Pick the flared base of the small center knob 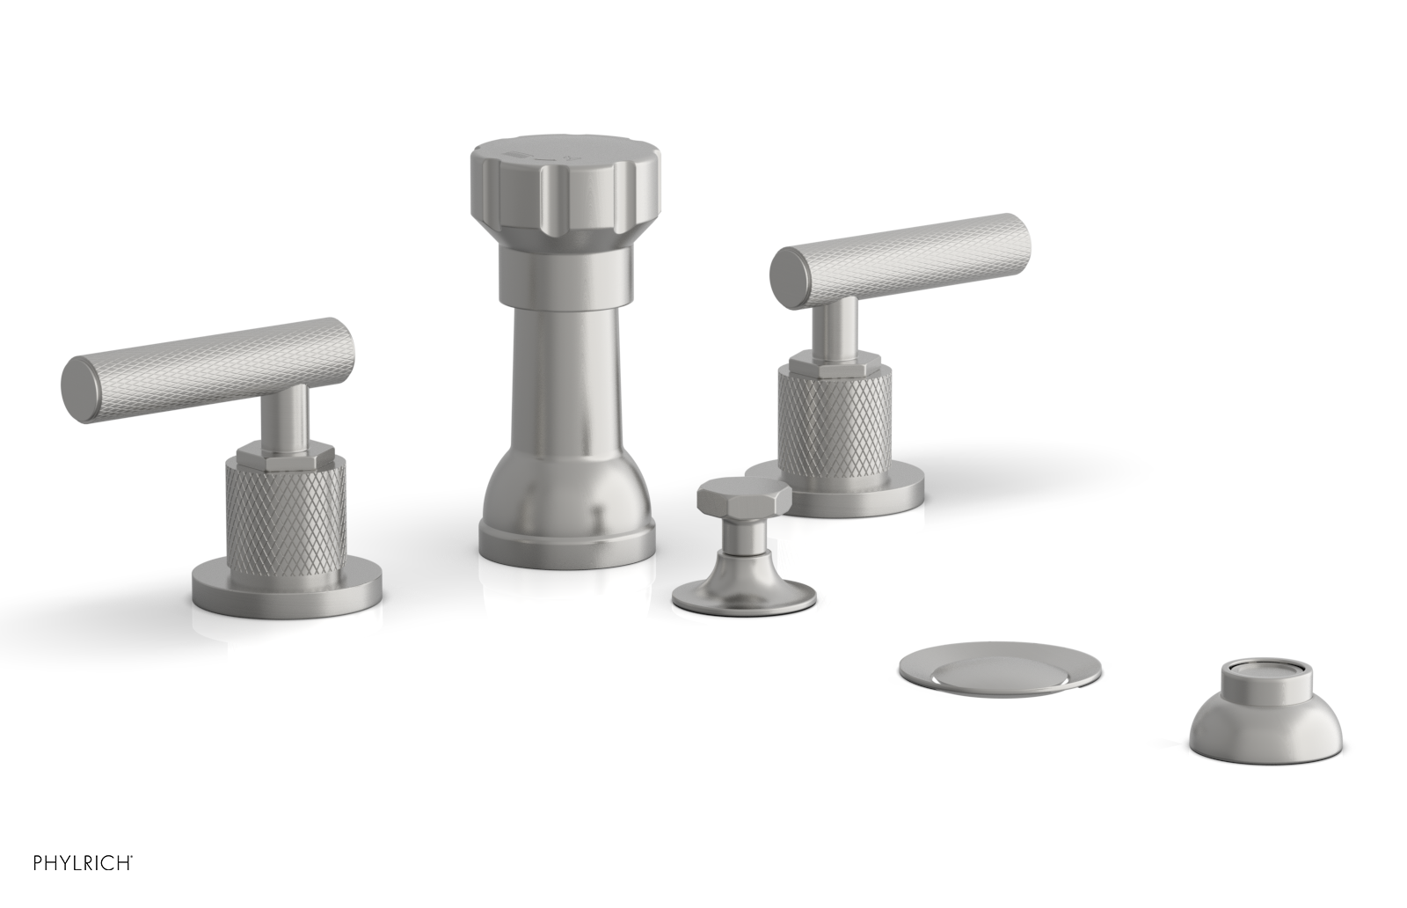743,592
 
